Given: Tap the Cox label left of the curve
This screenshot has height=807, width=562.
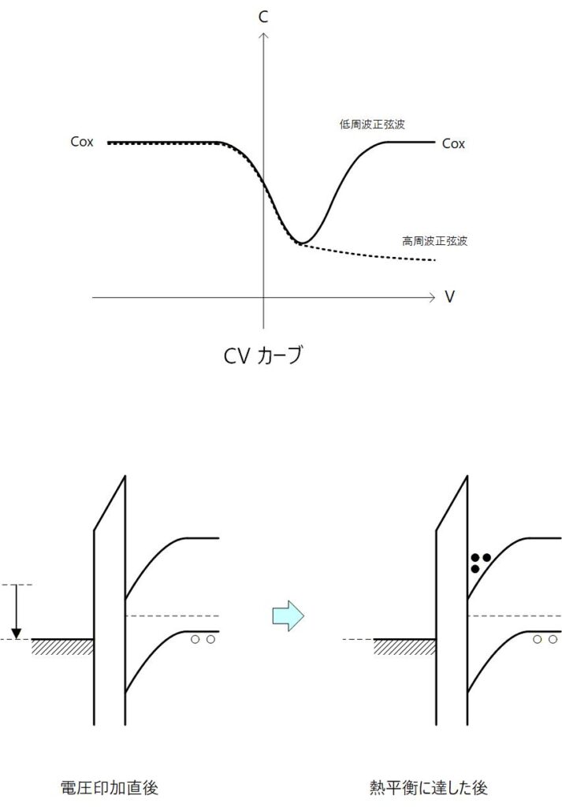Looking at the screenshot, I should [82, 143].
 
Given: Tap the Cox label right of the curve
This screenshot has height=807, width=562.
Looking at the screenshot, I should [453, 143].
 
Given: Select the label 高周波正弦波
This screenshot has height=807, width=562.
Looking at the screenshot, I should [434, 240].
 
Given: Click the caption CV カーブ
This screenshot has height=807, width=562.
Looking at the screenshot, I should [262, 356].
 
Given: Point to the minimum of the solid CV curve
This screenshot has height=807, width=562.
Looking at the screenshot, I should [302, 242].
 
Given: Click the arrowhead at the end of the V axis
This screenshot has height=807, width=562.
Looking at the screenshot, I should [430, 298].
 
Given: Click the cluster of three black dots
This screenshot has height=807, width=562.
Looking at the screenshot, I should [480, 562].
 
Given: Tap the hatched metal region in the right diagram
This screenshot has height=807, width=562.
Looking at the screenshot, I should [405, 647].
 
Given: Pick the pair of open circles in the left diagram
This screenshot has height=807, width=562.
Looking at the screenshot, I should [203, 640].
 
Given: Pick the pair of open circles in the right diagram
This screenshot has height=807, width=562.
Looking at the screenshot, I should [544, 640].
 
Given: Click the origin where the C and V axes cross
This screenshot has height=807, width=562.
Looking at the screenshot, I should [264, 298].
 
